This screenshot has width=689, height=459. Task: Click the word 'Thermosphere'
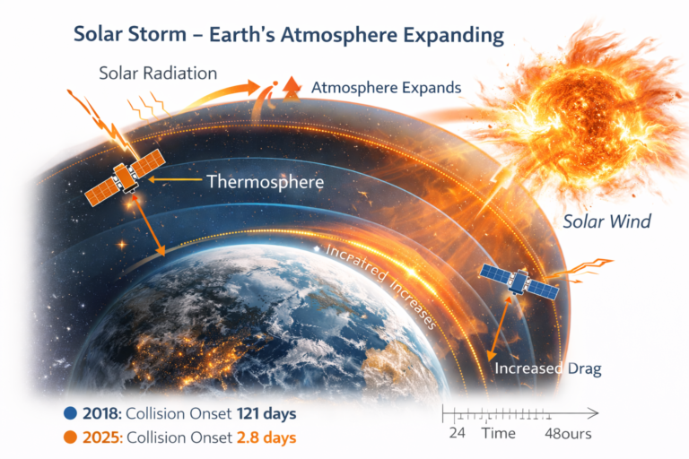pos(265,182)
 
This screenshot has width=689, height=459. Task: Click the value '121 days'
pos(266,415)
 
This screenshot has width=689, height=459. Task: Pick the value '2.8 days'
pos(266,438)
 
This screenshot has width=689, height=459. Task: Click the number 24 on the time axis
pos(456,435)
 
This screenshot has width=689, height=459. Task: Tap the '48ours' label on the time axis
pos(568,435)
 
